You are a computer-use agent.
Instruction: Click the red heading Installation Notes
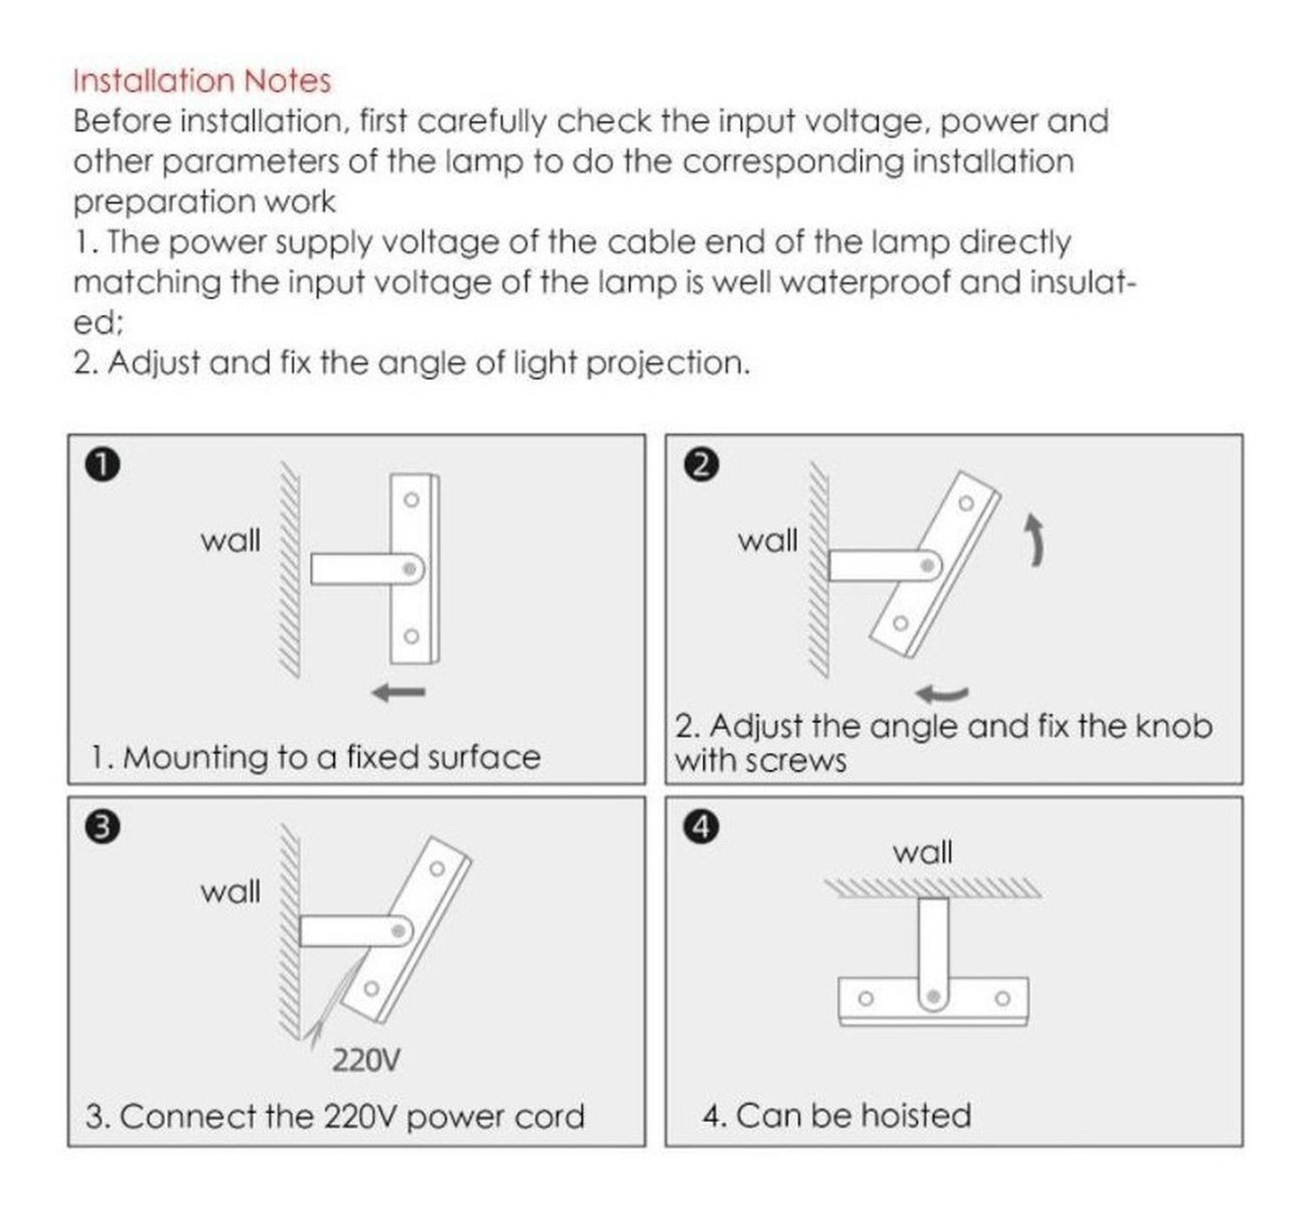[x=201, y=81]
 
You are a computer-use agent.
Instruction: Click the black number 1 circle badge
[x=103, y=465]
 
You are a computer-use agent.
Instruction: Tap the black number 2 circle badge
[x=701, y=465]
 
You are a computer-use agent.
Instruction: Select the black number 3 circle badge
[x=103, y=828]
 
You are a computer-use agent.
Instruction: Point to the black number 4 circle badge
[x=701, y=828]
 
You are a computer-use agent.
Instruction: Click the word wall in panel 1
[x=230, y=540]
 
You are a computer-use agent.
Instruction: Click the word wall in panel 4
[x=922, y=852]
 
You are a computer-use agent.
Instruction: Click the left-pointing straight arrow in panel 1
[x=399, y=691]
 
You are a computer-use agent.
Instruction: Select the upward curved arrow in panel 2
[x=1034, y=540]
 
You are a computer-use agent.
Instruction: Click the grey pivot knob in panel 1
[x=410, y=569]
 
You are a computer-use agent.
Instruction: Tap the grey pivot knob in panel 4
[x=933, y=997]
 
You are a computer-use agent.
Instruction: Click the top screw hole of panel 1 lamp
[x=412, y=500]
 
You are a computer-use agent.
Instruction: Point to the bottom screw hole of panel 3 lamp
[x=372, y=988]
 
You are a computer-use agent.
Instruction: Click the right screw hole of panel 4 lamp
[x=1003, y=998]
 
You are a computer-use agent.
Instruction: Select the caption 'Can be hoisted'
[x=853, y=1116]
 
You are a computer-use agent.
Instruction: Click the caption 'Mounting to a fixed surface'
[x=331, y=757]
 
